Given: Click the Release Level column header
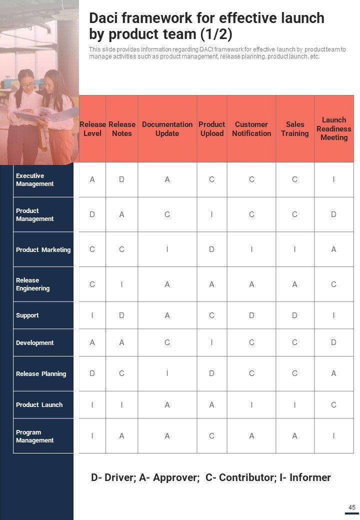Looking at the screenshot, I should tap(92, 128).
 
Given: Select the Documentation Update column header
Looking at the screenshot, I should tap(167, 128).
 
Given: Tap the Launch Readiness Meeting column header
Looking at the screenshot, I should tap(334, 128).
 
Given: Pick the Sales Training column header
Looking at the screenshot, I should tap(294, 128).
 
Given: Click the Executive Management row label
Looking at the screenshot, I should tap(35, 179).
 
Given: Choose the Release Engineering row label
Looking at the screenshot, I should tap(33, 284).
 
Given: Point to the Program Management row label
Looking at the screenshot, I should tap(35, 436).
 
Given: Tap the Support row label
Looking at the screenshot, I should tap(27, 315).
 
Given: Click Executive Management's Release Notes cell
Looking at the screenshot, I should tap(121, 179).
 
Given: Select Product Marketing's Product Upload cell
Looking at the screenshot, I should tap(211, 249).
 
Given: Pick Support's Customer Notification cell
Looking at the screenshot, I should tap(251, 315).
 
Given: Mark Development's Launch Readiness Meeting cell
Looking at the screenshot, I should tap(333, 342).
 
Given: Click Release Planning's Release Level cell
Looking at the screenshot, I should tap(92, 373).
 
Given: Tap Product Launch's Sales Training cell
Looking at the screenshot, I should tap(294, 405).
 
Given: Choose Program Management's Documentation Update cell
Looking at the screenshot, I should tap(167, 436).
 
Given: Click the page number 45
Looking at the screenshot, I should tap(352, 507).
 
